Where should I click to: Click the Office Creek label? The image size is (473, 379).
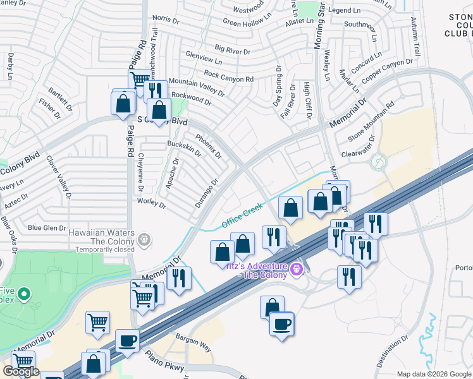coord(242,216)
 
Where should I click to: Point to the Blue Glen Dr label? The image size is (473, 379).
coord(47,228)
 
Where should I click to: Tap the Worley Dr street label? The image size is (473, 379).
coord(151,204)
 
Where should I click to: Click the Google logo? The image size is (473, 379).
coord(21,371)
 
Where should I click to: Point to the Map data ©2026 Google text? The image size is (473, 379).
coord(434,374)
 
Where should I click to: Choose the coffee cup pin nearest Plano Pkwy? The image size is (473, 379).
coord(127,341)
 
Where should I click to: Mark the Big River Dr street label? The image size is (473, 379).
coord(233,49)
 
